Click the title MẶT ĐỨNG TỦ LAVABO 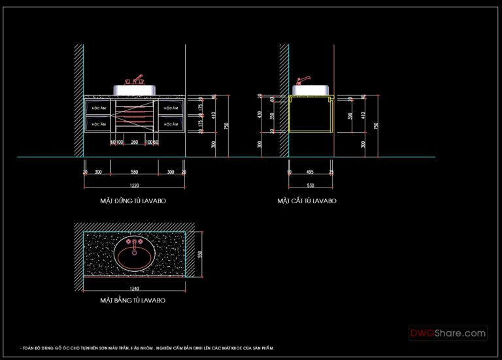pyautogui.click(x=133, y=201)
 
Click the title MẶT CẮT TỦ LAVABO pyautogui.click(x=307, y=201)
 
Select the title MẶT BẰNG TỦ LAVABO pyautogui.click(x=132, y=301)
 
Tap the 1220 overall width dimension pyautogui.click(x=134, y=186)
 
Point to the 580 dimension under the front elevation pyautogui.click(x=134, y=172)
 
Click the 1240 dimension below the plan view pyautogui.click(x=134, y=288)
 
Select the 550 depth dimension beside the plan pyautogui.click(x=201, y=254)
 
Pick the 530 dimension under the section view pyautogui.click(x=310, y=186)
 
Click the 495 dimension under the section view pyautogui.click(x=310, y=172)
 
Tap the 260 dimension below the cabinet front pyautogui.click(x=134, y=142)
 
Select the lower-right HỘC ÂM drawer pyautogui.click(x=172, y=123)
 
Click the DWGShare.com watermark pyautogui.click(x=448, y=333)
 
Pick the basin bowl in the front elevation pyautogui.click(x=135, y=90)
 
